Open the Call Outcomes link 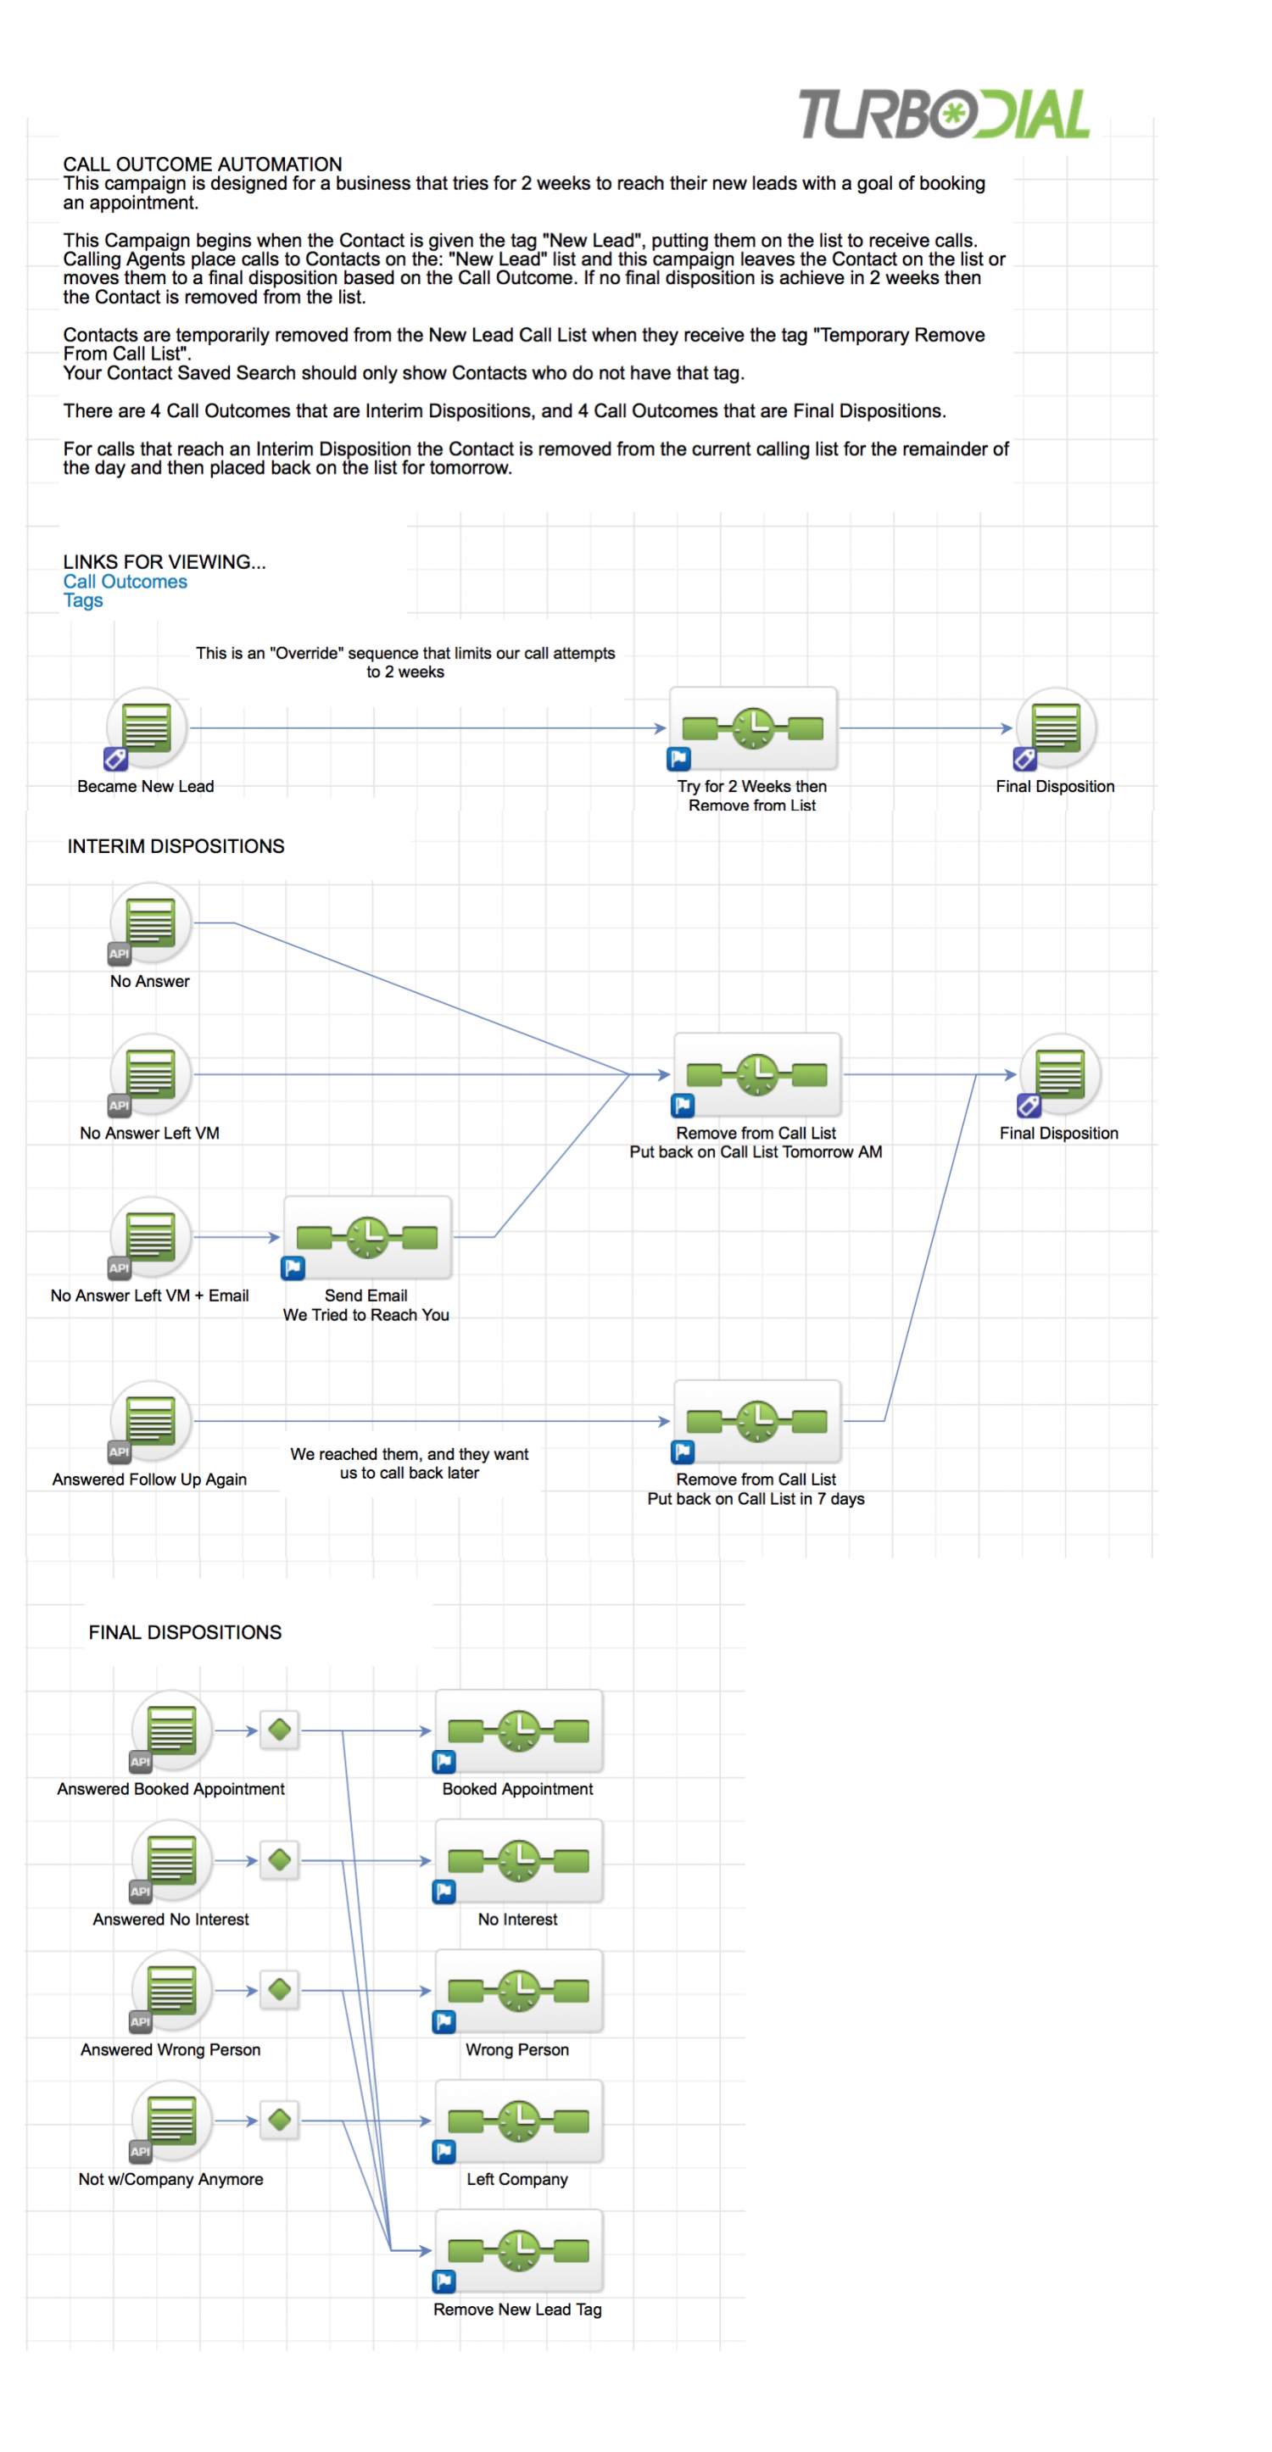(x=125, y=582)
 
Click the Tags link (x=83, y=600)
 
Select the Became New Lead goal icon (x=146, y=728)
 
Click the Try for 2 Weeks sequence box (x=753, y=728)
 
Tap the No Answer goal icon (x=150, y=922)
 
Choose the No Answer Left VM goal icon (x=150, y=1074)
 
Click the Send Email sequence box (x=366, y=1236)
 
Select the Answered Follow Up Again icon (x=150, y=1421)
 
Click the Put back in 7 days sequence (x=757, y=1421)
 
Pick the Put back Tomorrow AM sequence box (x=757, y=1074)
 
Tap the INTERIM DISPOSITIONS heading (x=176, y=846)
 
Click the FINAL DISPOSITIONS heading (x=185, y=1632)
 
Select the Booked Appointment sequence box (x=518, y=1730)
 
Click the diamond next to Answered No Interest (x=280, y=1860)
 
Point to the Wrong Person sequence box (x=518, y=1991)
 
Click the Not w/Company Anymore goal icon (x=171, y=2120)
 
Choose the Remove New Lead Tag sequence (x=518, y=2251)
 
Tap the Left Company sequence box (x=518, y=2120)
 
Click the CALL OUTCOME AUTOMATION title (x=202, y=164)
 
